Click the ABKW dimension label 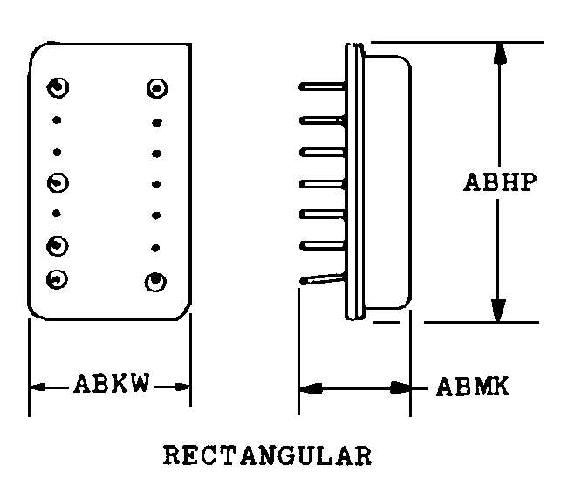pos(112,383)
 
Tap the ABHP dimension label pos(500,182)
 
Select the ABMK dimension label pos(473,387)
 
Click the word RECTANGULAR pos(268,455)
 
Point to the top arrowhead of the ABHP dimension pos(500,54)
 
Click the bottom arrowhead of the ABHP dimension pos(498,311)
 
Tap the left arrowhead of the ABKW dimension pos(38,387)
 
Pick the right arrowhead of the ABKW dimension pos(181,387)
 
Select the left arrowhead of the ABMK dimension pos(311,388)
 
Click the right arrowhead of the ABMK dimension pos(400,388)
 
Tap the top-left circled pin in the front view pos(58,88)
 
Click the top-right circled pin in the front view pos(157,88)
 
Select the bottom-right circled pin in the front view pos(155,282)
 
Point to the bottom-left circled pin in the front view pos(57,279)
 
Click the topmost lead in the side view pos(322,87)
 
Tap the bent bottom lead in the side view pos(322,279)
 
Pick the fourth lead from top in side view pos(322,184)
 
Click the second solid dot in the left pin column pos(58,152)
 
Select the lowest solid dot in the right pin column pos(155,248)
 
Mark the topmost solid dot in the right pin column pos(157,122)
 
